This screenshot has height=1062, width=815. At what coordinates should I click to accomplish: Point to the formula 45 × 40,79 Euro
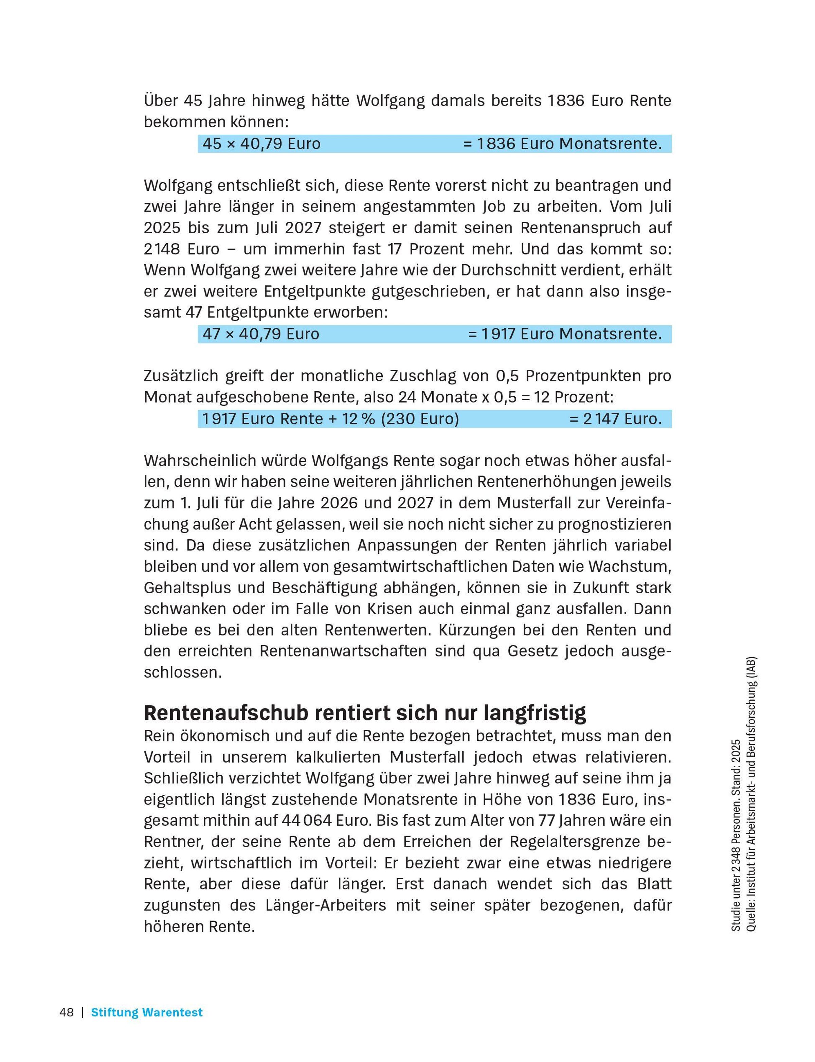(x=261, y=144)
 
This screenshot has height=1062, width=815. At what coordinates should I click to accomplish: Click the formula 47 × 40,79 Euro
(x=260, y=334)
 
